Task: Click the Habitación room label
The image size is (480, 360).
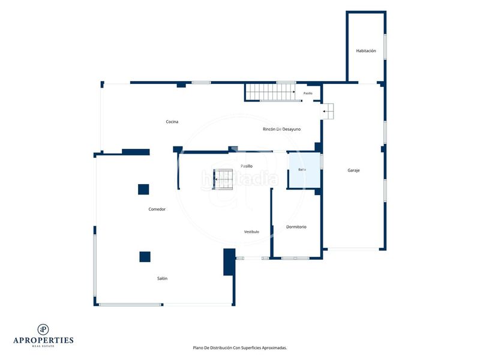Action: click(366, 51)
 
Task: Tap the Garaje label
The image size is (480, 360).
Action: click(353, 170)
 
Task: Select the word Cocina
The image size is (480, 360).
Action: click(172, 122)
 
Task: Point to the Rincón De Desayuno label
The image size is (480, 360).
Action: click(281, 129)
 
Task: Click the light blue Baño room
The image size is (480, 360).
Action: click(304, 170)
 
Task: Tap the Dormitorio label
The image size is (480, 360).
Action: click(296, 227)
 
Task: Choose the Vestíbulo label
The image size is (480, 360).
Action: click(251, 232)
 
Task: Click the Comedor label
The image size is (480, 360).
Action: click(157, 209)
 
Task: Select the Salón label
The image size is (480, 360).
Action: click(162, 278)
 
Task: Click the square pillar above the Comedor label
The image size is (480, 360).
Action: click(143, 190)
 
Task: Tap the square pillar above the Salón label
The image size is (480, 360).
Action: click(145, 257)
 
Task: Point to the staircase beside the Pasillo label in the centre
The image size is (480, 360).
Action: click(223, 179)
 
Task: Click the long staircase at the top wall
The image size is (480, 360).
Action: click(271, 92)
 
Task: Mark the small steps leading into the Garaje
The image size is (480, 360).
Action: click(328, 111)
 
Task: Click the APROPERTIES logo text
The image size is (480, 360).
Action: click(43, 340)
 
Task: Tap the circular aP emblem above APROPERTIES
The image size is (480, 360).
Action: click(43, 329)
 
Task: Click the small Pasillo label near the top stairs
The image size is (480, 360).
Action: click(308, 93)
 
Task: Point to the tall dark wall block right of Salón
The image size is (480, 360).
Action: click(229, 262)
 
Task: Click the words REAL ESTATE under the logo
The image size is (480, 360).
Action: click(43, 346)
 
